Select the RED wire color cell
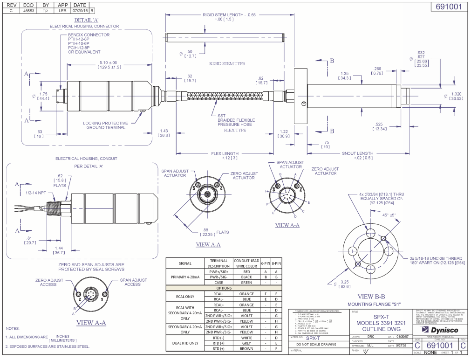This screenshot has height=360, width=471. tap(246, 271)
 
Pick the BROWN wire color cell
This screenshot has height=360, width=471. tap(246, 348)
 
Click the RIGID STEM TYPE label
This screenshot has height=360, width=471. tap(227, 63)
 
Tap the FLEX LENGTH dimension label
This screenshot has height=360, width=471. tap(225, 153)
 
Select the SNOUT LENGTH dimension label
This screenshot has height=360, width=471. tap(357, 153)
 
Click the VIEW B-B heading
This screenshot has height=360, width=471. tap(371, 297)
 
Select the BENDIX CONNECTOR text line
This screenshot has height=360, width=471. tap(89, 35)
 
